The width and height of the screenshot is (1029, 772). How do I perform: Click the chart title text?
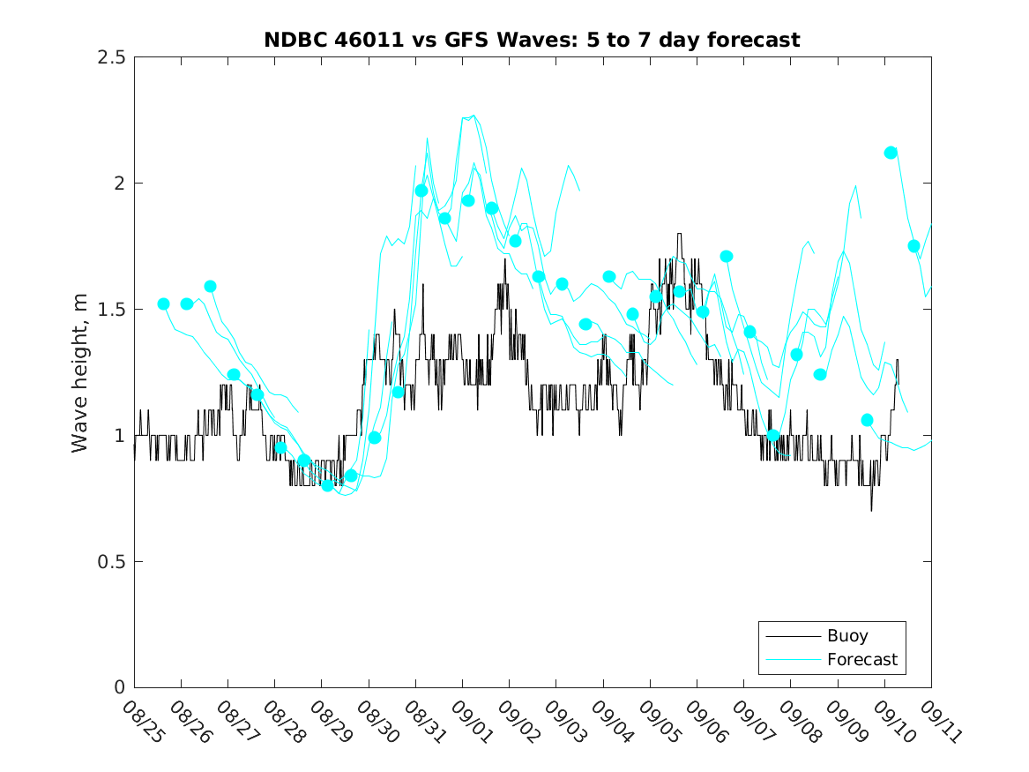(532, 40)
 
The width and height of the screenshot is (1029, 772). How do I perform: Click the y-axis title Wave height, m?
(80, 372)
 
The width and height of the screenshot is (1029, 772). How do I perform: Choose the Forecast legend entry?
(861, 660)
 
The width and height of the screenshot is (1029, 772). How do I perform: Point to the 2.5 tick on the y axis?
(113, 57)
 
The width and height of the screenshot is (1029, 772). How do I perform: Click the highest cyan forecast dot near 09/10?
(891, 153)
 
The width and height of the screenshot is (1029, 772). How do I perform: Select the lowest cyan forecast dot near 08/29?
(327, 485)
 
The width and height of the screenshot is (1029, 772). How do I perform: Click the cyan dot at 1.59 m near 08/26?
(210, 286)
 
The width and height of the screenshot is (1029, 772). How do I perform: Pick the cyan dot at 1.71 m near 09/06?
(726, 256)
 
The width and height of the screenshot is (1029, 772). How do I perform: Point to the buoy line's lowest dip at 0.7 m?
(871, 510)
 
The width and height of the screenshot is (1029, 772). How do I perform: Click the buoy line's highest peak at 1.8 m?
(679, 234)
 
